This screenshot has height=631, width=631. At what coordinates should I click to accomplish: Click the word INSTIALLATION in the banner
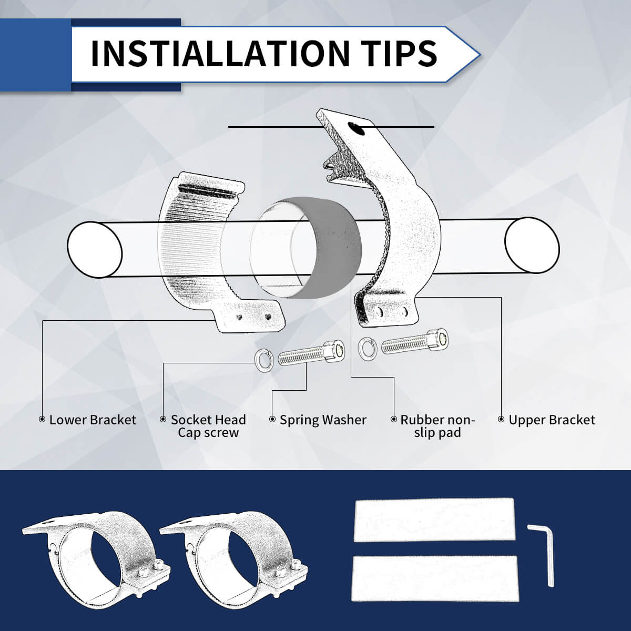pyautogui.click(x=219, y=53)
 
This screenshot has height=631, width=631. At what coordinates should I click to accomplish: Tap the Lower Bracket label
pyautogui.click(x=93, y=420)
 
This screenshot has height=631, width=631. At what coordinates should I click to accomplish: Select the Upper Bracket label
pyautogui.click(x=552, y=420)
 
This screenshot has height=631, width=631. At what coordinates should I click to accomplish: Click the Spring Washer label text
pyautogui.click(x=323, y=420)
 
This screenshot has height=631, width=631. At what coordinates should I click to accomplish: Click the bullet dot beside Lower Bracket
pyautogui.click(x=42, y=419)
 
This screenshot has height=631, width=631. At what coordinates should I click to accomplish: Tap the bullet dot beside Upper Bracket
pyautogui.click(x=501, y=419)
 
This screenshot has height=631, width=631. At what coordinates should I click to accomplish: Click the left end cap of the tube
pyautogui.click(x=95, y=249)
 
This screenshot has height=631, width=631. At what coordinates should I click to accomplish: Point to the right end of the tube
pyautogui.click(x=531, y=245)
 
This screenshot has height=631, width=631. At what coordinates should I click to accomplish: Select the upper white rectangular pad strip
pyautogui.click(x=434, y=520)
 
